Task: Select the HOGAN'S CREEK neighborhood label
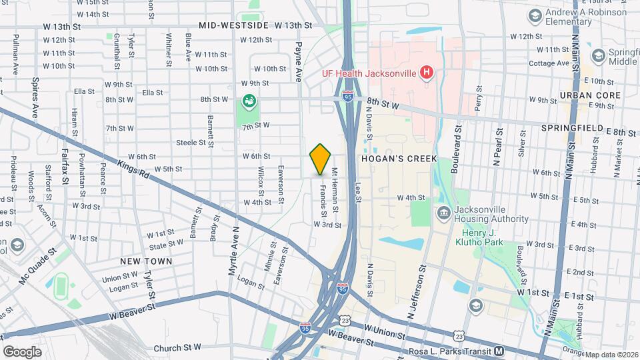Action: click(x=398, y=159)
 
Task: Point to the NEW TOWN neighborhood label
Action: click(x=146, y=261)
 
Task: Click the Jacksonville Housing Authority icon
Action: click(x=443, y=213)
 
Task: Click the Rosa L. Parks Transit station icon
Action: click(x=499, y=351)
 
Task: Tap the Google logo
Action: click(x=22, y=351)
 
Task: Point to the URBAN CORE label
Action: click(x=590, y=95)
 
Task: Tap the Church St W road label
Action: click(x=177, y=347)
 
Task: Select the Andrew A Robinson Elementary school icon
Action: click(x=534, y=15)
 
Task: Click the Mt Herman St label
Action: click(x=335, y=191)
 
